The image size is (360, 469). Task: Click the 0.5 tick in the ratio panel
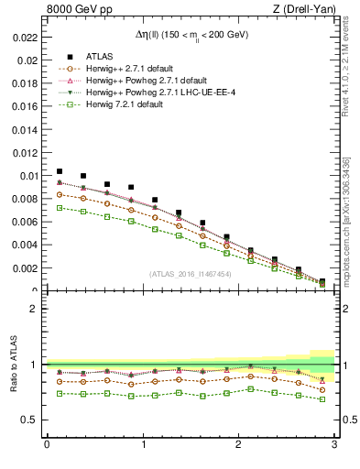pos(29,420)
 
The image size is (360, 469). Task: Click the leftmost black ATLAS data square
pos(60,171)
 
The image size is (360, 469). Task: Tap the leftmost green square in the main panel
pos(60,208)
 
